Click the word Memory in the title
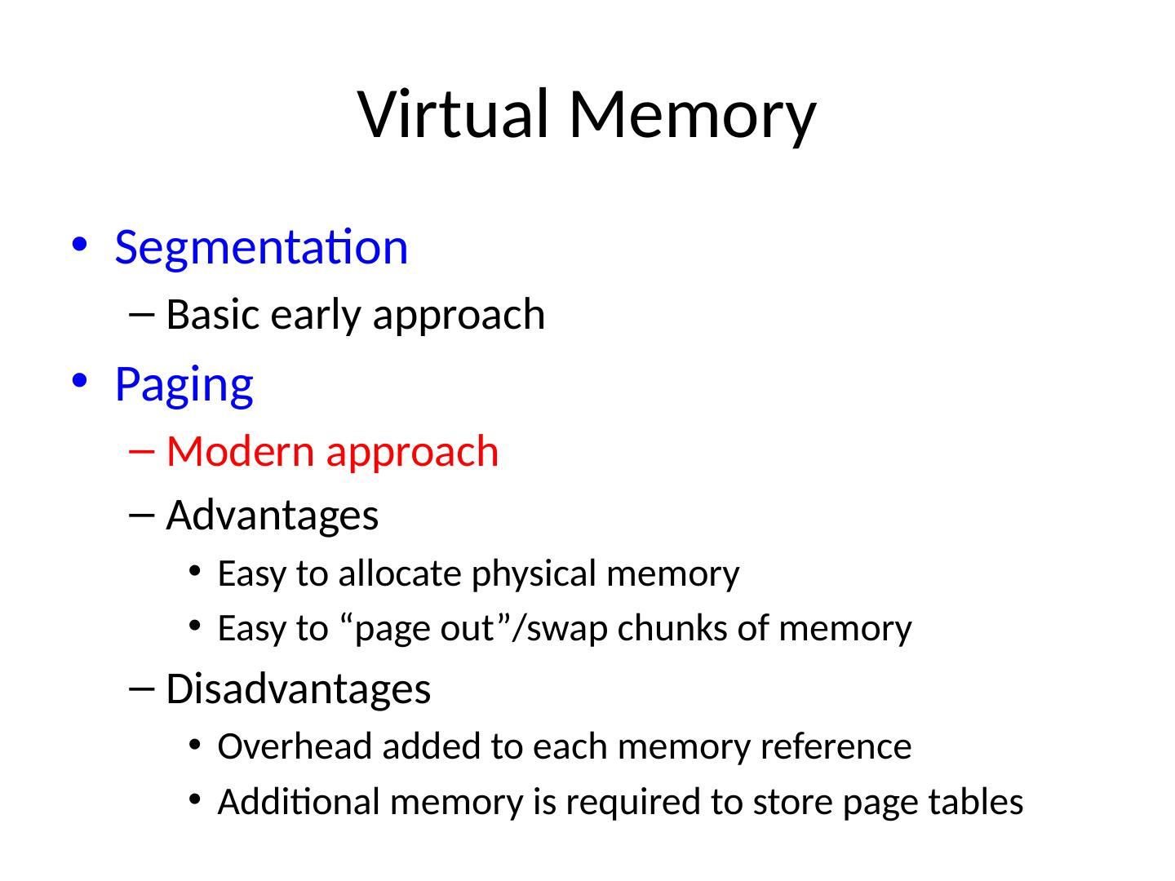691,113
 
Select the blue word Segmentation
261,246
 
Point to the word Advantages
273,516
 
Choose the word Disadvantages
298,689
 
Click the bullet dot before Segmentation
78,246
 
